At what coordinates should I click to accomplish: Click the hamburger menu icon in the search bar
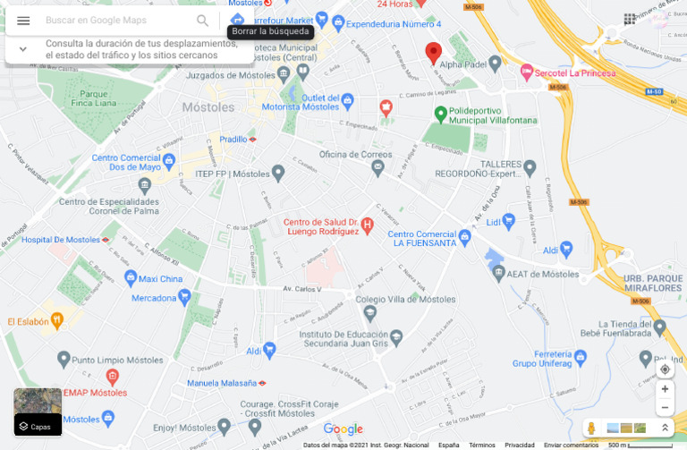(23, 21)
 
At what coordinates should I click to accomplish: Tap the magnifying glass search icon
(203, 21)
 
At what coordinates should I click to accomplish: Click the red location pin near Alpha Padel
(433, 53)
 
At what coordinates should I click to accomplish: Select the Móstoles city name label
(208, 107)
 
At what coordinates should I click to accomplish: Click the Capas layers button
(38, 412)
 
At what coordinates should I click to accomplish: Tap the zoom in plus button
(665, 389)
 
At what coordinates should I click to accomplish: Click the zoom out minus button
(665, 407)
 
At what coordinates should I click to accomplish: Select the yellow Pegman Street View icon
(591, 429)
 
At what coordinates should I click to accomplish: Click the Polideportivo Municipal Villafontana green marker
(440, 115)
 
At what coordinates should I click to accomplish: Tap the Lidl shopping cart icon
(509, 220)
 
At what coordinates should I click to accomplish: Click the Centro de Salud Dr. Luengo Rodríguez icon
(367, 222)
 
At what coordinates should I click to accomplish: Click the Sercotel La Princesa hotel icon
(527, 70)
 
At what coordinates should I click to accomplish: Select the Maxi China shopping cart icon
(123, 278)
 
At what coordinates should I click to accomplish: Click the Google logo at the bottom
(343, 429)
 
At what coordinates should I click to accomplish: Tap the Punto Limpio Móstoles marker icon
(63, 360)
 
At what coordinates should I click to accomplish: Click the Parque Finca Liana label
(94, 98)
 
